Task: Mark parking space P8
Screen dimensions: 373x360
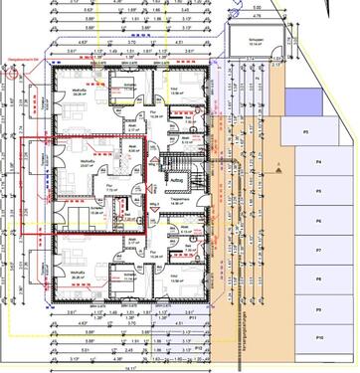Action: tap(305, 280)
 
